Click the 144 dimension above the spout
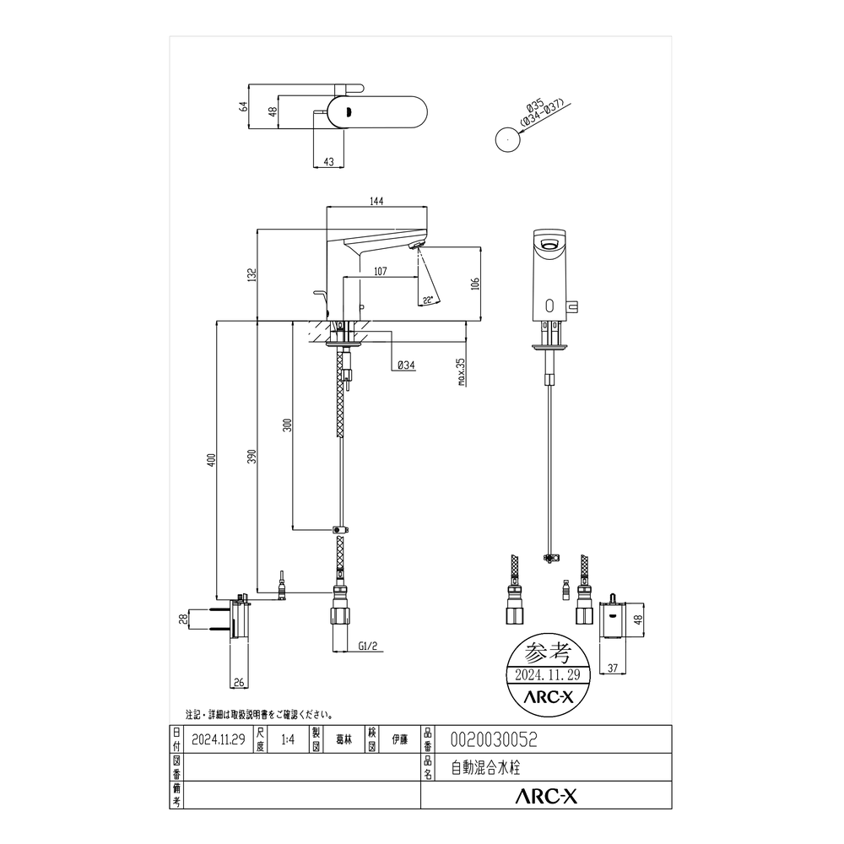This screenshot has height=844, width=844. pyautogui.click(x=376, y=201)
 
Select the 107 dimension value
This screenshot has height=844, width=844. pyautogui.click(x=379, y=271)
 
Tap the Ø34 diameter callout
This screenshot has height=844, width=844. pyautogui.click(x=406, y=365)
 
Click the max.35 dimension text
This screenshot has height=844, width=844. pyautogui.click(x=462, y=371)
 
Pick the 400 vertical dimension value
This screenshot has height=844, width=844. pyautogui.click(x=212, y=460)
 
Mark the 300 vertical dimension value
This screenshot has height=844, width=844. pyautogui.click(x=287, y=425)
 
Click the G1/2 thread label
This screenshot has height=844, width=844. pyautogui.click(x=367, y=647)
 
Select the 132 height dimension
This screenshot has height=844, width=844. pyautogui.click(x=252, y=275)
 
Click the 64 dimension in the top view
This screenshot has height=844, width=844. pyautogui.click(x=243, y=107)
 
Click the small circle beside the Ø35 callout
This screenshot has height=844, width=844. pyautogui.click(x=506, y=139)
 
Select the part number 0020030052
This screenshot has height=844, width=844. pyautogui.click(x=495, y=739)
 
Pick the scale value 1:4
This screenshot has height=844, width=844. pyautogui.click(x=287, y=739)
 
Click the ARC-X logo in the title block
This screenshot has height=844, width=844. pyautogui.click(x=547, y=795)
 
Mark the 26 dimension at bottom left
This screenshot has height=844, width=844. pyautogui.click(x=238, y=683)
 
